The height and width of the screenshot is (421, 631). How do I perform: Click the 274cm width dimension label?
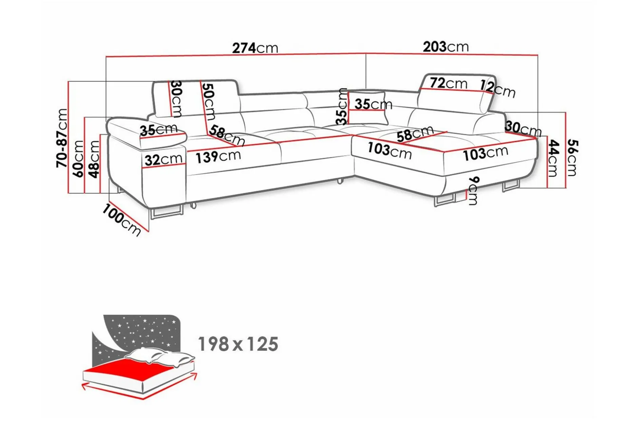[255, 48]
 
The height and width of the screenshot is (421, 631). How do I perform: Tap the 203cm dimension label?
[445, 47]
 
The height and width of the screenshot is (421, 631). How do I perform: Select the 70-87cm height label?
[62, 138]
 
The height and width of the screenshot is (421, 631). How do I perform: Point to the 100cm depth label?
[121, 220]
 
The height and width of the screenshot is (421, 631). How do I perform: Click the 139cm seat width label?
[218, 157]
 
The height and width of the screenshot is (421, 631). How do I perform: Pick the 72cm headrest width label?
[448, 83]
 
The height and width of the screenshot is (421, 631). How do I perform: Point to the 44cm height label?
[553, 158]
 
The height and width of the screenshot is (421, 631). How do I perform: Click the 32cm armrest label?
[163, 159]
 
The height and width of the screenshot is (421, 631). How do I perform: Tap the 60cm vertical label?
[78, 159]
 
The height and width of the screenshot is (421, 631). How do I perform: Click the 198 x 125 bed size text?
[238, 344]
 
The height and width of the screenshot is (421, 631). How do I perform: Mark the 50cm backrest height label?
[208, 102]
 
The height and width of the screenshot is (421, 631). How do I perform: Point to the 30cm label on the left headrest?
[176, 99]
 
